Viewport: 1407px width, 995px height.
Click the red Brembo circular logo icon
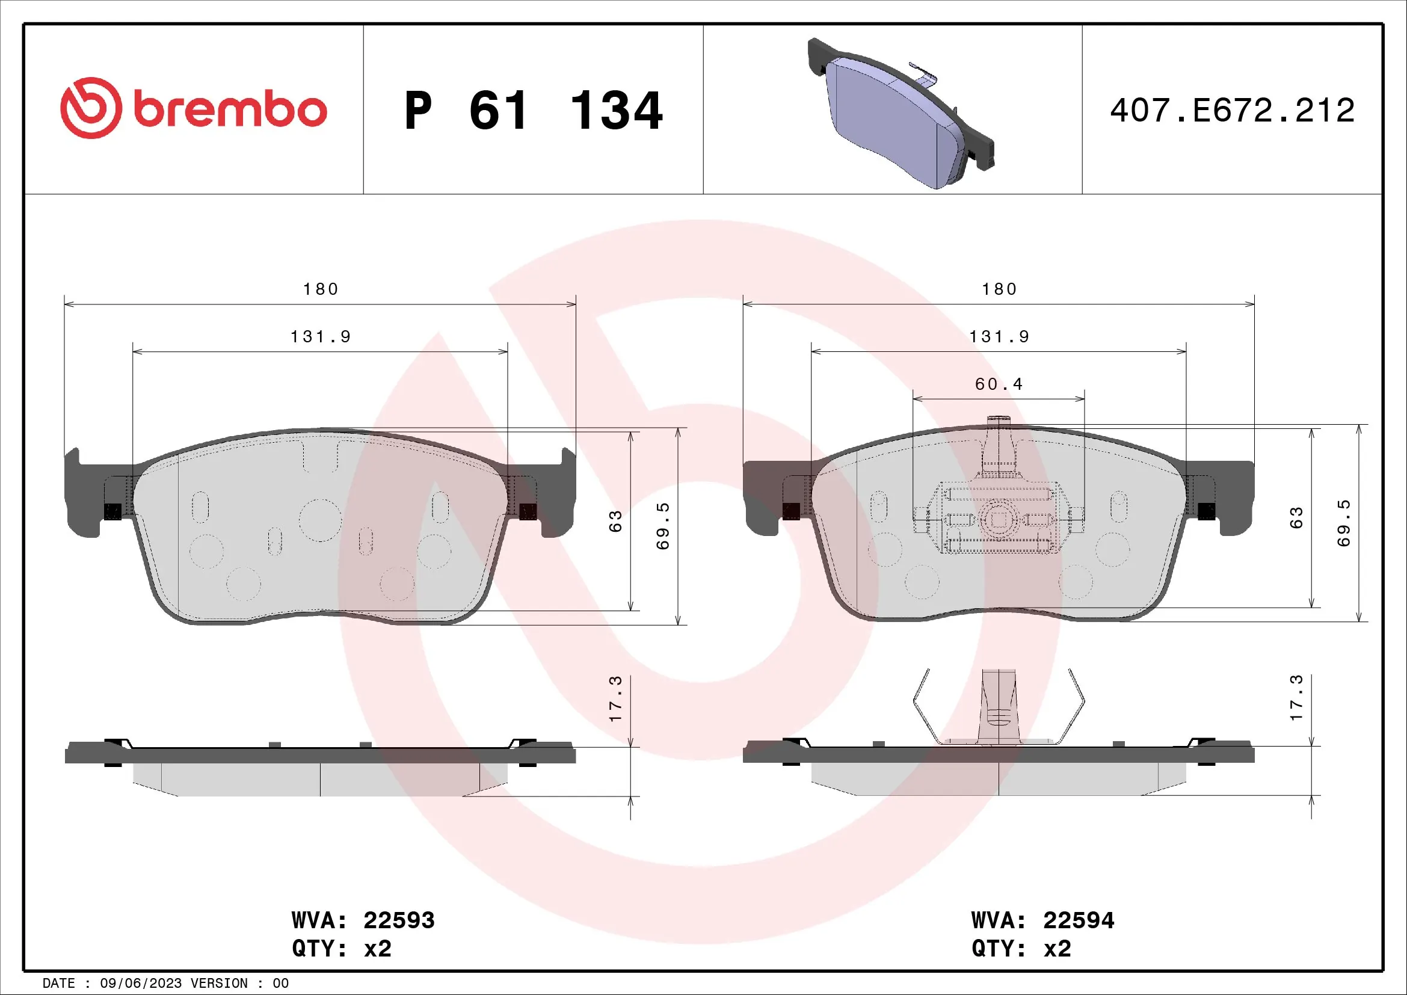pyautogui.click(x=91, y=108)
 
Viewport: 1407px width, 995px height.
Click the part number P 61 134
pyautogui.click(x=533, y=111)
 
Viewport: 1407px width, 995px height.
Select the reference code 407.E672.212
pyautogui.click(x=1232, y=111)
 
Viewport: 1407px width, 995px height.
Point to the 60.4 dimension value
pyautogui.click(x=999, y=384)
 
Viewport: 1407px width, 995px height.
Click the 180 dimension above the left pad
pyautogui.click(x=321, y=289)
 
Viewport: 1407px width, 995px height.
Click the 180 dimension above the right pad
pyautogui.click(x=999, y=289)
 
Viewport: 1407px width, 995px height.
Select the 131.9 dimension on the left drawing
pyautogui.click(x=321, y=337)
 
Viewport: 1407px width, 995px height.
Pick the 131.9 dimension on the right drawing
pyautogui.click(x=999, y=337)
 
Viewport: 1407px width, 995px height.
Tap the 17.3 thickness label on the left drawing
pyautogui.click(x=615, y=698)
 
